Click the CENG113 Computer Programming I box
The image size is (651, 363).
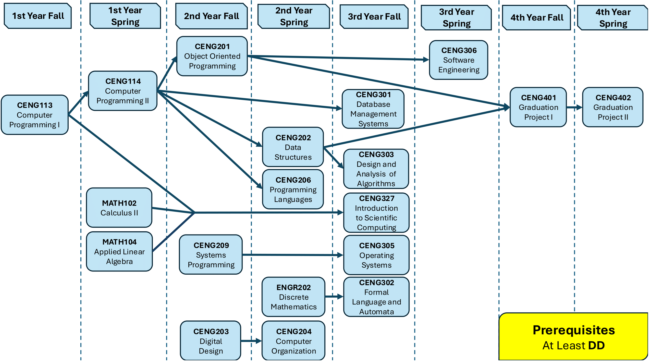coord(35,115)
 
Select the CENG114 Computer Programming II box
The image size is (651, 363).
coord(123,91)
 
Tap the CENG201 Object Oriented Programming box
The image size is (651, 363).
coord(212,56)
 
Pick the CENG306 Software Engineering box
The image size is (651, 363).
coord(458,60)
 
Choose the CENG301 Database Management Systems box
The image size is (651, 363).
coord(373,109)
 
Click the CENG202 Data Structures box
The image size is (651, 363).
coord(293,147)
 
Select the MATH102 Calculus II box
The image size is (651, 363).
coord(119,208)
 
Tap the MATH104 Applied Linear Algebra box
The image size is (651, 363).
coord(119,251)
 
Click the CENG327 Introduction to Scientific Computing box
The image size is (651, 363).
coord(376,213)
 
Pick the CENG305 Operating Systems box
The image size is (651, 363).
coord(376,255)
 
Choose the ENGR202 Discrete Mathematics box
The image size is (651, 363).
coord(294,297)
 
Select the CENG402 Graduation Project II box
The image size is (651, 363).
coord(613,107)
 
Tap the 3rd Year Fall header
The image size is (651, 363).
coord(374,17)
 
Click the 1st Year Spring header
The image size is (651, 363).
coord(125,16)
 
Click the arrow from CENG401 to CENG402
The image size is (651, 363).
coord(574,107)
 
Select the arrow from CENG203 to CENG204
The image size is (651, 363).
coord(251,341)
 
